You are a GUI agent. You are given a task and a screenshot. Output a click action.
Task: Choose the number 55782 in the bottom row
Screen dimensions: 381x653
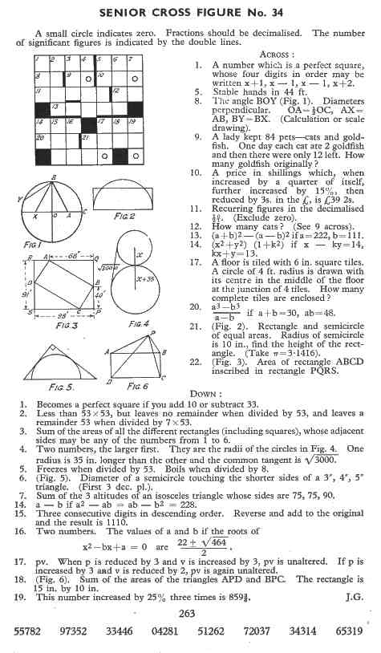point(30,633)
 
